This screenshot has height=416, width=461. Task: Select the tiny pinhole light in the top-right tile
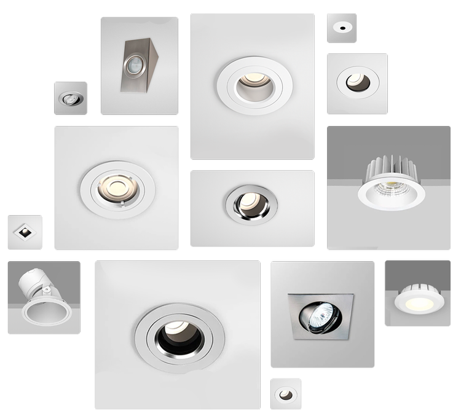pos(341,27)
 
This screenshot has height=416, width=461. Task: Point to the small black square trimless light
pos(23,232)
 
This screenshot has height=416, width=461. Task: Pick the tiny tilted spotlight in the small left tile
pos(71,98)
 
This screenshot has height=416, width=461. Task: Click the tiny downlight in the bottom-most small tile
pos(286,394)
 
